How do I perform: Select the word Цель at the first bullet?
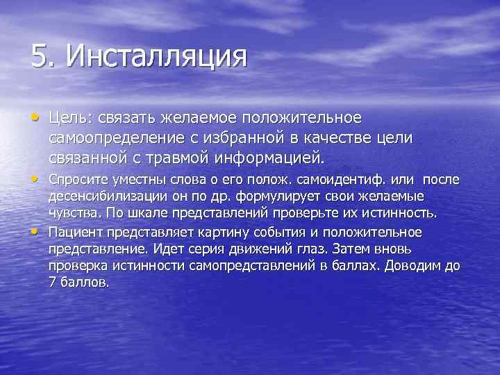coord(69,118)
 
